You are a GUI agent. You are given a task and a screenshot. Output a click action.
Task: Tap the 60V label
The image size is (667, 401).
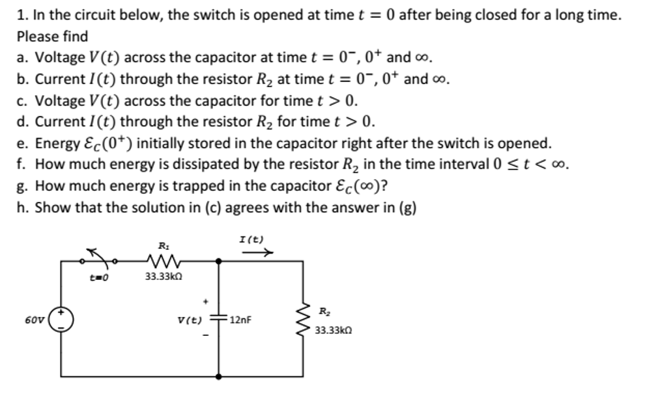(35, 320)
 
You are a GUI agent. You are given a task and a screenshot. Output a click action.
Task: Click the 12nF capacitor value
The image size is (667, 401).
(240, 320)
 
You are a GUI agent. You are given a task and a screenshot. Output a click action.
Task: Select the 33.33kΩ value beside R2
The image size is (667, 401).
(333, 330)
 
